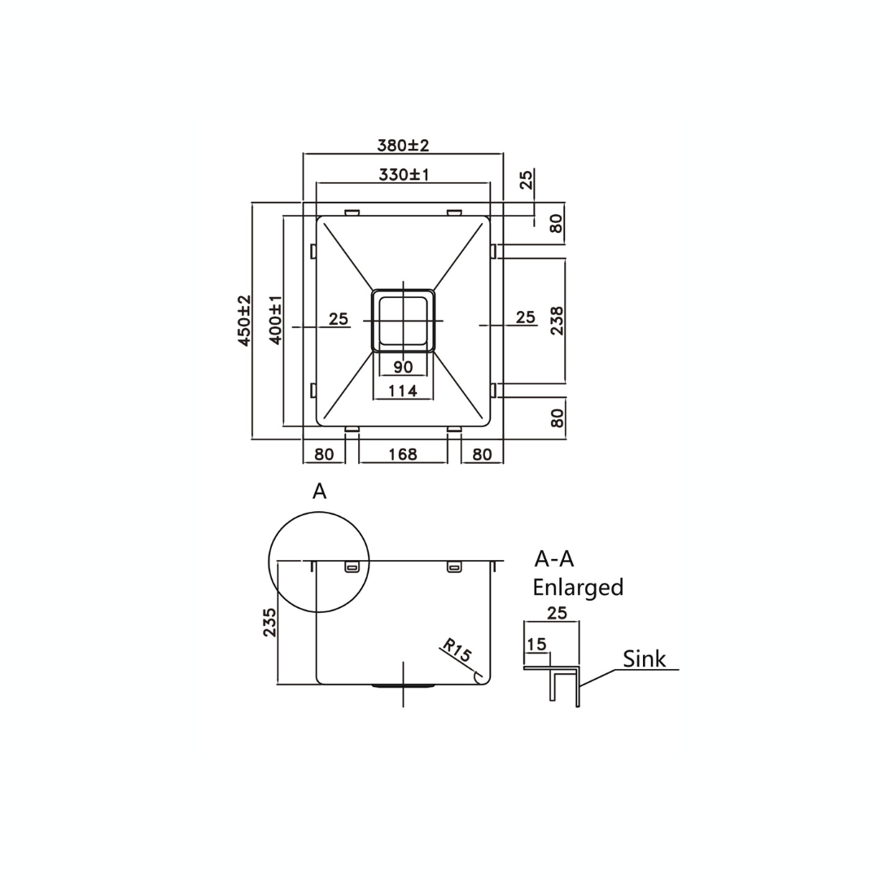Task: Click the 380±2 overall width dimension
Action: click(403, 146)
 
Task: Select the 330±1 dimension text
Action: click(404, 175)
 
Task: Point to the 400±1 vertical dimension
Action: click(276, 321)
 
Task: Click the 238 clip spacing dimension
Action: click(557, 321)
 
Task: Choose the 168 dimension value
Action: click(403, 454)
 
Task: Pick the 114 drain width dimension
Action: click(403, 391)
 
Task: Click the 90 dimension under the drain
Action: click(403, 367)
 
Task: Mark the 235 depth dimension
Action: click(269, 622)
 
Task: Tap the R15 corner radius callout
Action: click(457, 651)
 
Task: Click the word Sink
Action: click(644, 658)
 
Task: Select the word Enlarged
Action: click(578, 588)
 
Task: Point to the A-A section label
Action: click(554, 559)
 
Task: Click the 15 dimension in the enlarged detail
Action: click(536, 645)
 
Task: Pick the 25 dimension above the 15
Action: click(557, 614)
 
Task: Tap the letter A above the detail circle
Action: click(320, 491)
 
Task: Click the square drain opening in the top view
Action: click(403, 321)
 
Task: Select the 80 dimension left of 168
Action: click(324, 454)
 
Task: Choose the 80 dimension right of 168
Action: click(482, 454)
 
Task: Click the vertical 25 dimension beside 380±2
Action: click(527, 179)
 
